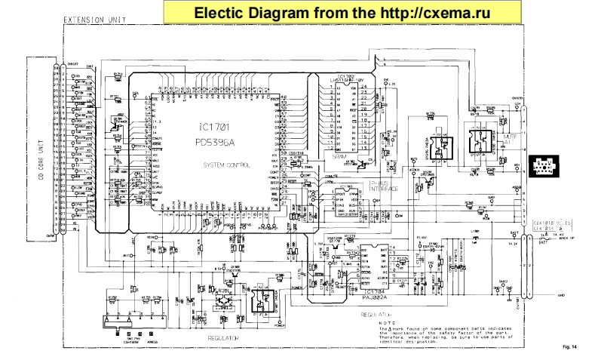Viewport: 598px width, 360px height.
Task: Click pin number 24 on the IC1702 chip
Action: (364, 87)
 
